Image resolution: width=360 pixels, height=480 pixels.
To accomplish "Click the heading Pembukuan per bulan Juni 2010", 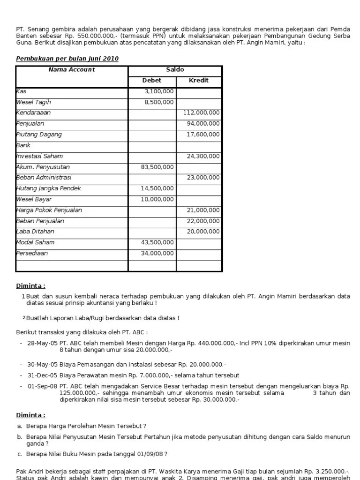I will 67,59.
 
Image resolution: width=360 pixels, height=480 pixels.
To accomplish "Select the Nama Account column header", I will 72,69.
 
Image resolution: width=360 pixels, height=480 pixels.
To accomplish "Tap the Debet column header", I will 151,80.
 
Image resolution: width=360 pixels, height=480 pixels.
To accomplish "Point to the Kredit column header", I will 198,80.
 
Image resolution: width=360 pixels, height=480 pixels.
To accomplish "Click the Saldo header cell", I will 175,69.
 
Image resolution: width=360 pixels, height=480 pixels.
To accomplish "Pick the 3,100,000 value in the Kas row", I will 159,91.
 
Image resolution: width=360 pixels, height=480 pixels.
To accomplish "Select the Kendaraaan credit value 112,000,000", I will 201,113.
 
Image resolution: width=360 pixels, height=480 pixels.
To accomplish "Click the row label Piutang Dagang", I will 39,135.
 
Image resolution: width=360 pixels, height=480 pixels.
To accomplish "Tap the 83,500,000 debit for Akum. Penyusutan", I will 157,167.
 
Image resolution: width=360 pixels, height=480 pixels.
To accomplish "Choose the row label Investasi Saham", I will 39,156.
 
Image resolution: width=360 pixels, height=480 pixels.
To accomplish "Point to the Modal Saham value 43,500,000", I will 157,242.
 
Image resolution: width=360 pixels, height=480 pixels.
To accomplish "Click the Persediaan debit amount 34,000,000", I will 157,254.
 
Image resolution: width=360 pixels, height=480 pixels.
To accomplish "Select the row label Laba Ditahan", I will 35,232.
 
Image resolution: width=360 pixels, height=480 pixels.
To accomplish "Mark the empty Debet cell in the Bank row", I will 152,145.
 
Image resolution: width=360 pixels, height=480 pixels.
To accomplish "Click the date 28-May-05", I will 42,344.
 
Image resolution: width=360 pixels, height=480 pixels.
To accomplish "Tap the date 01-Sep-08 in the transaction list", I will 42,386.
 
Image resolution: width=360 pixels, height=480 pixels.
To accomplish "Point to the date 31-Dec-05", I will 42,375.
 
